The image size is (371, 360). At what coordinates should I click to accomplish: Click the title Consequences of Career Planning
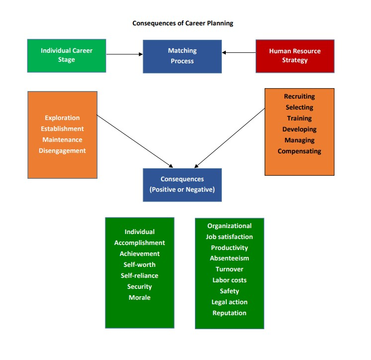pos(183,23)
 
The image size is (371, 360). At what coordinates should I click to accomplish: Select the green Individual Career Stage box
pos(67,55)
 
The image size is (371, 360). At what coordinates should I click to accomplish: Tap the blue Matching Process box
pos(182,56)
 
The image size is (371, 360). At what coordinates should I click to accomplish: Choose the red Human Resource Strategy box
pos(295,56)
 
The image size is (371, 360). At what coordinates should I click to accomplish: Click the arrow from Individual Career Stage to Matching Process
pos(124,54)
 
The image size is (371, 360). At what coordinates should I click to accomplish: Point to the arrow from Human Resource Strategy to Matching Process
pos(239,52)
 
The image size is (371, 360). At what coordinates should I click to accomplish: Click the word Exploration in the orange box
pos(62,118)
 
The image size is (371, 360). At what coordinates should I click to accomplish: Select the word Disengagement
pos(62,151)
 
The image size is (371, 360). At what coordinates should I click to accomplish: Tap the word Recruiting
pos(299,97)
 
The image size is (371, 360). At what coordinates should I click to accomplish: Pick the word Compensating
pos(299,151)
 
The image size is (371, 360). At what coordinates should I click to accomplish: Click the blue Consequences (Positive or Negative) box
pos(182,185)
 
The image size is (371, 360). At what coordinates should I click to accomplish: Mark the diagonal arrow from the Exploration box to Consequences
pos(134,140)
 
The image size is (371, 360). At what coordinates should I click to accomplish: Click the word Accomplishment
pos(140,243)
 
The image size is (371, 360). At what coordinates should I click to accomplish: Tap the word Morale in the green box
pos(140,298)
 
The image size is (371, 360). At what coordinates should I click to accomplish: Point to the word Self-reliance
pos(140,276)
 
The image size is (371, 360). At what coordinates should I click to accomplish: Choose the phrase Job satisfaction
pos(229,237)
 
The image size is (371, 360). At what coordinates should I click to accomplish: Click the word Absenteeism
pos(229,258)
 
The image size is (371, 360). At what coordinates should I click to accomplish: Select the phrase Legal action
pos(229,302)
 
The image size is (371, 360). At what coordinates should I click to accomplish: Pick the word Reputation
pos(229,313)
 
